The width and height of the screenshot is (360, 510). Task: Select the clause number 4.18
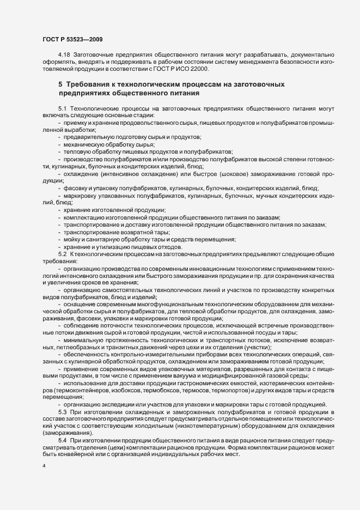[64, 56]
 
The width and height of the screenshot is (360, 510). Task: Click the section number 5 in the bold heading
[60, 86]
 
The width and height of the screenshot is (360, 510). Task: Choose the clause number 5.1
[62, 109]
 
